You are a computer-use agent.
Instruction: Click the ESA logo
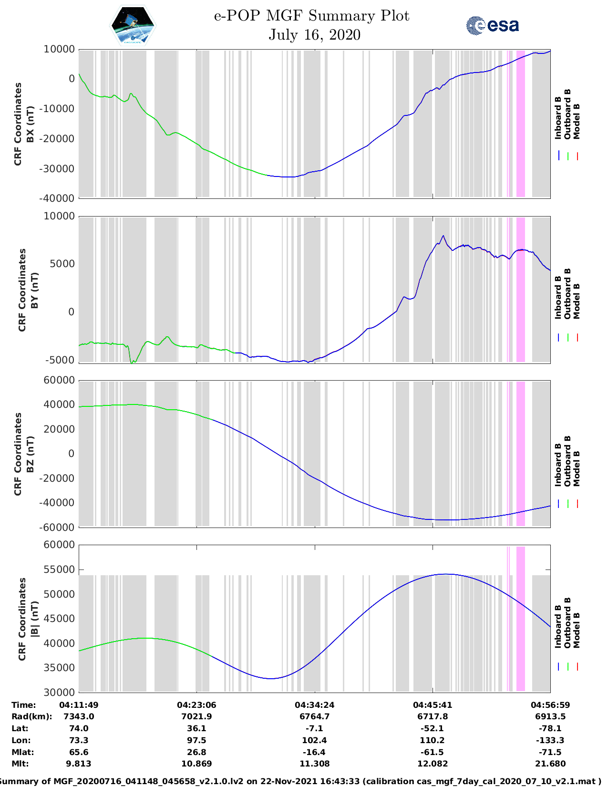(x=492, y=25)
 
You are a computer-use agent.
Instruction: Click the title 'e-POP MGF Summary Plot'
(x=311, y=16)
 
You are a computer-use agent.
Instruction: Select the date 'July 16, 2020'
(x=314, y=35)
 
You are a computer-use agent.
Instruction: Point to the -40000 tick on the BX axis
(x=59, y=198)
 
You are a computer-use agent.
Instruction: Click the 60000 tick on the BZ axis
(x=59, y=380)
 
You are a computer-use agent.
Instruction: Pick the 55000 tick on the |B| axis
(x=59, y=570)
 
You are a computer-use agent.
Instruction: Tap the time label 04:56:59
(x=550, y=704)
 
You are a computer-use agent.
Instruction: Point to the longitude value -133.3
(x=550, y=740)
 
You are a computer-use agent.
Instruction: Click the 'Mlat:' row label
(x=22, y=752)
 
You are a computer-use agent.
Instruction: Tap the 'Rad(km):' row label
(x=31, y=716)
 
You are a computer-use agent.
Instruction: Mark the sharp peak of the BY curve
(x=443, y=236)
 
